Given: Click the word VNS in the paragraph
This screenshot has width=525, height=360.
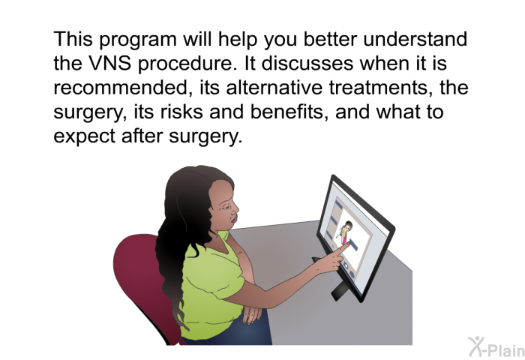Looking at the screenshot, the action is (x=109, y=63).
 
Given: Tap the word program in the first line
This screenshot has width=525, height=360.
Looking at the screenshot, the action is (x=137, y=40).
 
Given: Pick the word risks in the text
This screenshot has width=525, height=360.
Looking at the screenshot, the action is (x=181, y=112).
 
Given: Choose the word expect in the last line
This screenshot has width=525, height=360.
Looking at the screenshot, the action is (x=84, y=136).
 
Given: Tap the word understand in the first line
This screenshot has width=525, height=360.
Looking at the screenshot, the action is (x=415, y=39).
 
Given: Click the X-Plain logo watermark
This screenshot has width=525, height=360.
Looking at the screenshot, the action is (x=496, y=346).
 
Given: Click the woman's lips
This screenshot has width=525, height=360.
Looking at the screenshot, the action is (x=234, y=219).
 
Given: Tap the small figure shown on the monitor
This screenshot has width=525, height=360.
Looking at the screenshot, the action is (x=346, y=232).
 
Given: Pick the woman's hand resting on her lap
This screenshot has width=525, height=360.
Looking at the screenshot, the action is (x=252, y=313).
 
